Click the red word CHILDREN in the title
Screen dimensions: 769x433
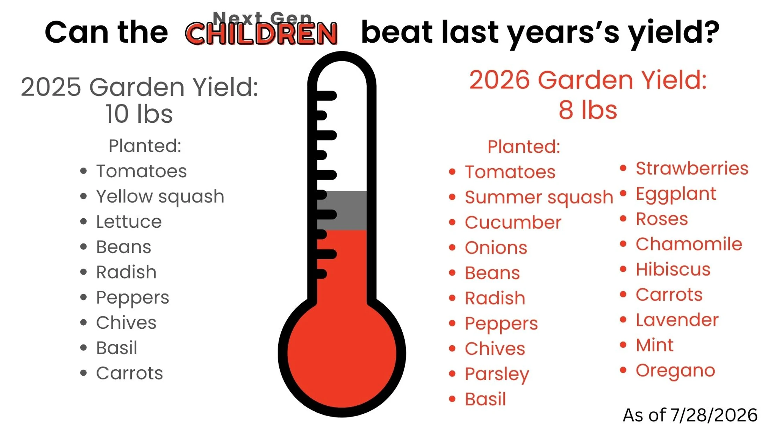pos(261,34)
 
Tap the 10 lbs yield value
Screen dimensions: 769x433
pos(139,114)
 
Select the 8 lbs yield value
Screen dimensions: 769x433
pos(588,110)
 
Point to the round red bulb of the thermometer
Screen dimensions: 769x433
pos(342,353)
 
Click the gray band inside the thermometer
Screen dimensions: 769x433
pos(342,211)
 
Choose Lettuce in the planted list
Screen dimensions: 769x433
pos(129,221)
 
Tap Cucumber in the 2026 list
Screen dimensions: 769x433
pos(513,222)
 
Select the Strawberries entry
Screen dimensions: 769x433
pos(692,168)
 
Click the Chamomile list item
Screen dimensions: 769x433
pos(689,244)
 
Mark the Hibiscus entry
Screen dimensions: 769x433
pos(673,269)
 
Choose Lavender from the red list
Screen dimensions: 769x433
pos(677,320)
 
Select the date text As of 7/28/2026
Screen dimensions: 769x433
pos(690,415)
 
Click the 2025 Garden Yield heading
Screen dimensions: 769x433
pos(139,87)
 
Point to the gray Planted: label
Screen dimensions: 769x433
pos(145,145)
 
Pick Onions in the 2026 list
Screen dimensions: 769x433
pos(496,248)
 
